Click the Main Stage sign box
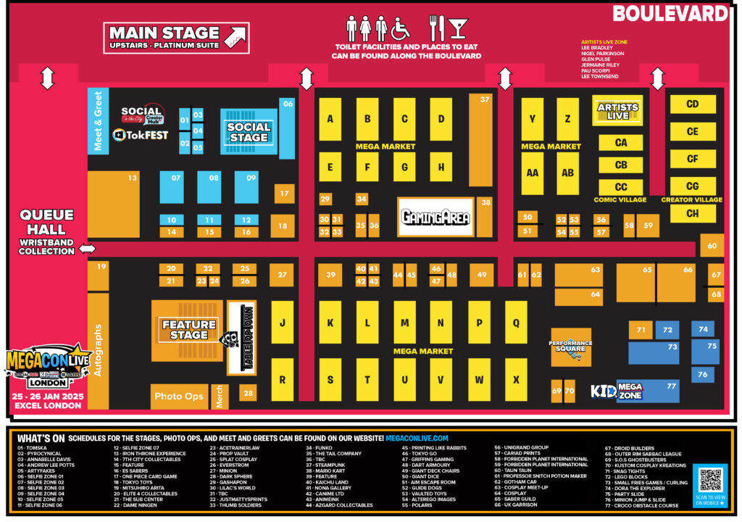pyautogui.click(x=176, y=38)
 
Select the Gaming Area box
pyautogui.click(x=435, y=217)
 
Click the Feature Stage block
pyautogui.click(x=188, y=330)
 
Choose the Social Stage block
pyautogui.click(x=249, y=132)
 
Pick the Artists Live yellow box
pyautogui.click(x=617, y=110)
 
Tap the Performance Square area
pyautogui.click(x=570, y=347)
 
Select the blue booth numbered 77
pyautogui.click(x=647, y=390)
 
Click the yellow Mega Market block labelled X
pyautogui.click(x=516, y=380)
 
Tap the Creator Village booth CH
pyautogui.click(x=692, y=213)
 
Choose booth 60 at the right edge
pyautogui.click(x=712, y=246)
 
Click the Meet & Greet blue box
pyautogui.click(x=98, y=120)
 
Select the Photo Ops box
pyautogui.click(x=179, y=397)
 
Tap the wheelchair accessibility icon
pyautogui.click(x=400, y=28)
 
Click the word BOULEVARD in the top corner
pyautogui.click(x=670, y=13)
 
